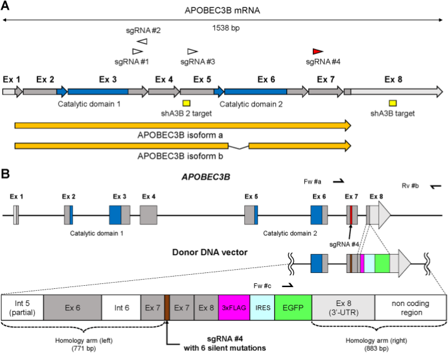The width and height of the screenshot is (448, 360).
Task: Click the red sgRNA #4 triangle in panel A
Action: (318, 52)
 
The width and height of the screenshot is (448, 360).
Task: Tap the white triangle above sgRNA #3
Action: (192, 52)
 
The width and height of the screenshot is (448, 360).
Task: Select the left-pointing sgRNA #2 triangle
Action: (142, 41)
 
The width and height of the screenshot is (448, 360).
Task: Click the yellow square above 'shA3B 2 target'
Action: (187, 103)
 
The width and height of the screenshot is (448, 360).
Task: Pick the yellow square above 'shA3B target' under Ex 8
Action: (393, 103)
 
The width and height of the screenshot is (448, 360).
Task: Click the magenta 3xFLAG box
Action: (234, 308)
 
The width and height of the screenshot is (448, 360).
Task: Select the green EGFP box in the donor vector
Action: (293, 308)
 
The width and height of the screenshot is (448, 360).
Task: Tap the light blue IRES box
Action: (262, 308)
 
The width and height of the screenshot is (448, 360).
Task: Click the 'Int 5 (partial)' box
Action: (23, 308)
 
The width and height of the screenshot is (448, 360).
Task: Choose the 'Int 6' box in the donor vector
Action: (121, 308)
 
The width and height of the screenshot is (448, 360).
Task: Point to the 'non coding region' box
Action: (411, 308)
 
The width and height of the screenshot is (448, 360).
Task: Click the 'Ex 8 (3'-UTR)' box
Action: (344, 308)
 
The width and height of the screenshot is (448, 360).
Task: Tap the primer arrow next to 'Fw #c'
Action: (288, 286)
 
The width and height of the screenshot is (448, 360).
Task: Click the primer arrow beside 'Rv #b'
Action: (436, 186)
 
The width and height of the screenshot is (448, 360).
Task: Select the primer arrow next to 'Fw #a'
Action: (339, 181)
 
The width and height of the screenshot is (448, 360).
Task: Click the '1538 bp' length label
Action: (226, 28)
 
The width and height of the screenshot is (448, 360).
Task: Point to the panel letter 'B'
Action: (5, 174)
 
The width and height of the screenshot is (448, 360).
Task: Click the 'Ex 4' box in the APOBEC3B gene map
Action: (149, 215)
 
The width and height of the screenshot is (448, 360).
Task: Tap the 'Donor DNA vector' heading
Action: (210, 253)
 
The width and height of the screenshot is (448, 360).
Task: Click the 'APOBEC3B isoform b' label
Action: (180, 156)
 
